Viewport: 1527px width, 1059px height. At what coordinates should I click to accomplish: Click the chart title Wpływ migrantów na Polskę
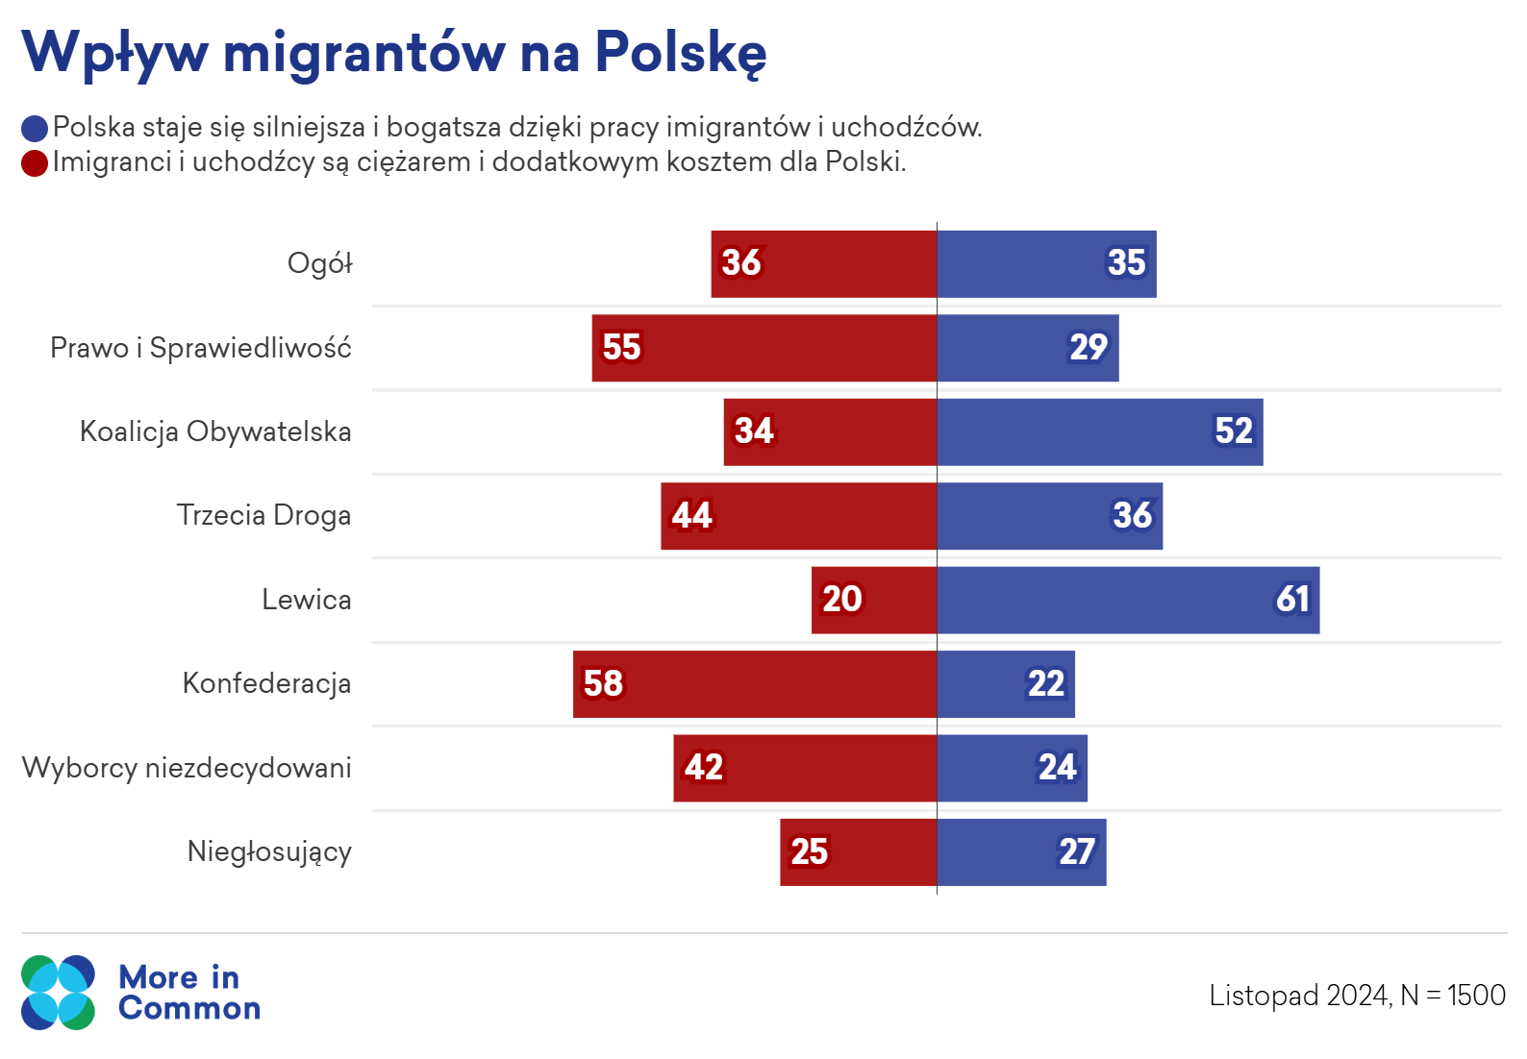[394, 51]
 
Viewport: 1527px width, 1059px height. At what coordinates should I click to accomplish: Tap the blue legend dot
[35, 129]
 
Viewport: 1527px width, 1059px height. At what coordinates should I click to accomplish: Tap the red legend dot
[35, 163]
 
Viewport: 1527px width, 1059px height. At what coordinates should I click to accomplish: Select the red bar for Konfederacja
[755, 684]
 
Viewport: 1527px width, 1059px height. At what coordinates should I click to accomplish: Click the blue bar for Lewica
[1128, 600]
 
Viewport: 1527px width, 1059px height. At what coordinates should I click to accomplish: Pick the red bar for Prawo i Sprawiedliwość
[764, 348]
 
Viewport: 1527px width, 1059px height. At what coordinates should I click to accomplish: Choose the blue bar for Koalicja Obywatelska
[1100, 432]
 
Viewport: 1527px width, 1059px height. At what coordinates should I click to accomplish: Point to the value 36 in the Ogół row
[741, 262]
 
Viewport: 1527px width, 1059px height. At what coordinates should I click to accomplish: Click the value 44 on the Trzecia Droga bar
[692, 516]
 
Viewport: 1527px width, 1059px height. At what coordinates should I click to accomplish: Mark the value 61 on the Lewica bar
[1292, 600]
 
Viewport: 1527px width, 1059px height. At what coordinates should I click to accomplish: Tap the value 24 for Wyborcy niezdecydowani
[1057, 768]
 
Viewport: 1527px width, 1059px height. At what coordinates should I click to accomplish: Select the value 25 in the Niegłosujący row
[809, 851]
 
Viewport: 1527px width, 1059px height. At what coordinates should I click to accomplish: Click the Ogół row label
[320, 263]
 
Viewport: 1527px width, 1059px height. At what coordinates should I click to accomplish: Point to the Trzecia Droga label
[263, 515]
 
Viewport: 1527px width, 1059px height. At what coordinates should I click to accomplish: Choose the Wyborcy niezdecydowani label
[187, 768]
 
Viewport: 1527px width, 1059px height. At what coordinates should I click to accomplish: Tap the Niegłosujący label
[269, 851]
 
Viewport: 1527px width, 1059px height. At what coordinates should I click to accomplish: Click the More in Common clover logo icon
[58, 993]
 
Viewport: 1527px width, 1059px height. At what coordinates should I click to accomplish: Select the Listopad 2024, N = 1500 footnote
[1357, 996]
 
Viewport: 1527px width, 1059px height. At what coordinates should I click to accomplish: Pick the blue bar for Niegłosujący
[1021, 852]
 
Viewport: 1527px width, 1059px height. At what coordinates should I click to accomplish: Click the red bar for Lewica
[874, 601]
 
